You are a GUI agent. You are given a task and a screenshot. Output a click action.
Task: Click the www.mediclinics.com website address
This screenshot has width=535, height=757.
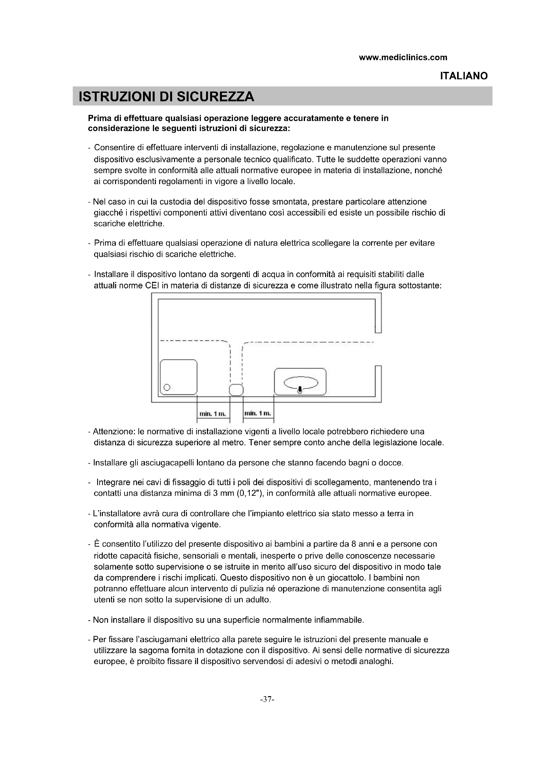pyautogui.click(x=403, y=57)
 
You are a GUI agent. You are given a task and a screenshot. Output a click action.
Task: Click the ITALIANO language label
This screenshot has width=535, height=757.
pyautogui.click(x=464, y=76)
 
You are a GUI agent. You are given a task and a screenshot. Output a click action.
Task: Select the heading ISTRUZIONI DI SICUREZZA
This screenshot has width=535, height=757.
pyautogui.click(x=166, y=96)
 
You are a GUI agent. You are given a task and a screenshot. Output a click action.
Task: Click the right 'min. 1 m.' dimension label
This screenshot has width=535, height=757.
pyautogui.click(x=258, y=413)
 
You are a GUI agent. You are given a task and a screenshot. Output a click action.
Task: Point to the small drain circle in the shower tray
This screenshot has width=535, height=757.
pyautogui.click(x=167, y=387)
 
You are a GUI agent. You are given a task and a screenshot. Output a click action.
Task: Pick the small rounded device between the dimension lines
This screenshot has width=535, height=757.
pyautogui.click(x=236, y=390)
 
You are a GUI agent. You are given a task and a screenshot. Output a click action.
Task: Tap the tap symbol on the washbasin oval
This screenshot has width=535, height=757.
pyautogui.click(x=300, y=390)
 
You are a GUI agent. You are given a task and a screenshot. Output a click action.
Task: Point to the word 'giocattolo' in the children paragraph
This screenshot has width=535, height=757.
pyautogui.click(x=344, y=578)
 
